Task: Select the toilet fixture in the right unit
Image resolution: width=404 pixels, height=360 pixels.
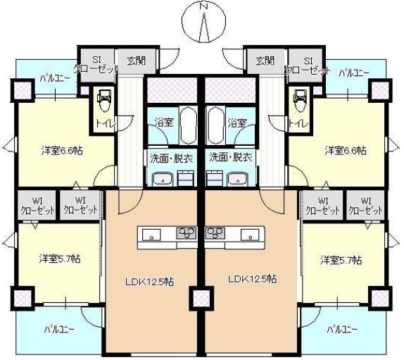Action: click(298, 101)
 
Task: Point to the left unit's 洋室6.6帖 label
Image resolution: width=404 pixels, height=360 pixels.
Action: click(61, 150)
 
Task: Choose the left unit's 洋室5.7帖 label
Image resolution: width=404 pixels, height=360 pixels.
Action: click(59, 259)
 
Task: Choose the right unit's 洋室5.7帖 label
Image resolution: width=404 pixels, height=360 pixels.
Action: click(341, 259)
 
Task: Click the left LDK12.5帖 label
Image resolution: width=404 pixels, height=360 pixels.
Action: click(150, 281)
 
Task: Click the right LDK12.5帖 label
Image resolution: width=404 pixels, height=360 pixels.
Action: click(252, 278)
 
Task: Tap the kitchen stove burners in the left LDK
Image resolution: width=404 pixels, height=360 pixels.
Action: click(187, 233)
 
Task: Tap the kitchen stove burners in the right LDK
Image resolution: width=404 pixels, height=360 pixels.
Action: click(215, 233)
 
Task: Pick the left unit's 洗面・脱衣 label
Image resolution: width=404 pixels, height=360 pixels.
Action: click(171, 156)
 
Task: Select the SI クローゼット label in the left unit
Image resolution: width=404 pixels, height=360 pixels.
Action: click(96, 66)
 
